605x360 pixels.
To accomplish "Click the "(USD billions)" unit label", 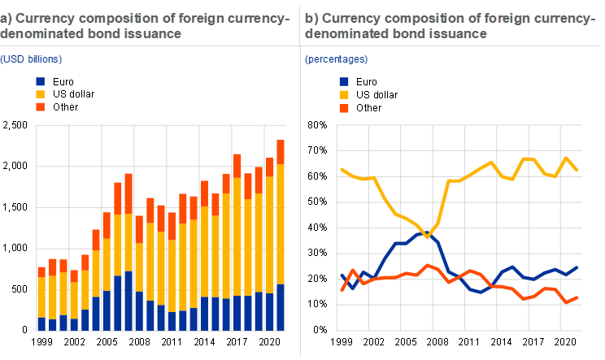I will tap(30, 59).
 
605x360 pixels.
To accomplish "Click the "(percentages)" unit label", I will tap(336, 59).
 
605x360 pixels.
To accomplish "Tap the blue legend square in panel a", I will tap(40, 81).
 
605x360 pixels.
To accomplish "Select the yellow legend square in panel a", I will tap(40, 94).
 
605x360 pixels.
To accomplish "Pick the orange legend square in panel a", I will tap(40, 107).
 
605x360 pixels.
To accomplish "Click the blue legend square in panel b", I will tap(344, 81).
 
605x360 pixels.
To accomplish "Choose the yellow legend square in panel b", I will tap(344, 94).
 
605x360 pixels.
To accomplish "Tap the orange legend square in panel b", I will tap(344, 107).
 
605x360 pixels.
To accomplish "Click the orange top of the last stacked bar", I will tap(281, 151).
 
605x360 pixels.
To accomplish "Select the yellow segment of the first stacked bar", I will tap(41, 297).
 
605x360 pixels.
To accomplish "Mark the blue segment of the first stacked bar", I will tap(41, 323).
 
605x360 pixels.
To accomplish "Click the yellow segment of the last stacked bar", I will tap(281, 223).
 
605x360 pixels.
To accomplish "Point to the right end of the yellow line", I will tap(577, 170).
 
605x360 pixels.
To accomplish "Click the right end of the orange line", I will tap(577, 297).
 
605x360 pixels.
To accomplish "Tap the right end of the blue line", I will tap(577, 267).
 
